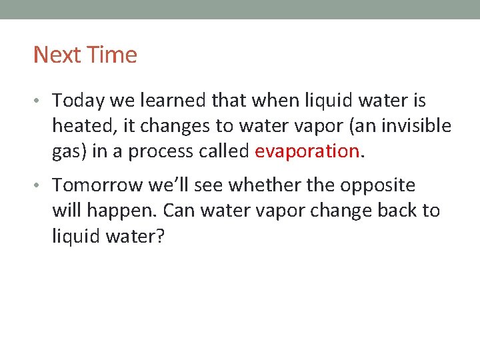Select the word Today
[x=77, y=101]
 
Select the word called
[x=221, y=151]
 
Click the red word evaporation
[x=307, y=151]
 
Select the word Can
[x=177, y=211]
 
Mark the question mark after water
[x=159, y=236]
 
